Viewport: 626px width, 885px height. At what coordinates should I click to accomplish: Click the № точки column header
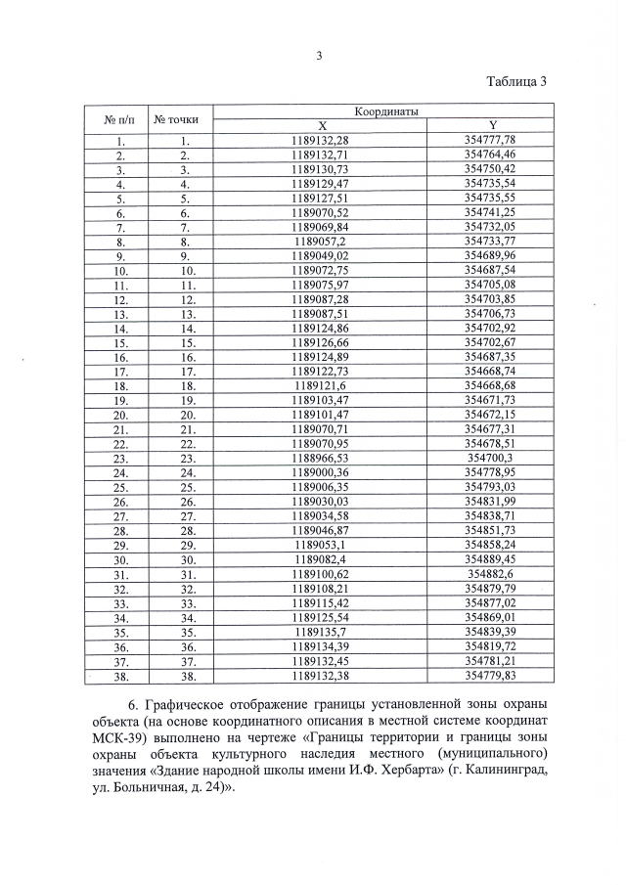click(177, 119)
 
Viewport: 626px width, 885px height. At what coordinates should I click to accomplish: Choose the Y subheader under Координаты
click(493, 126)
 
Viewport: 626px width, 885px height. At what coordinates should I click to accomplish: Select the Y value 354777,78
click(489, 141)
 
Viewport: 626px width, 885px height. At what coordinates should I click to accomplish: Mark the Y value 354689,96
click(489, 255)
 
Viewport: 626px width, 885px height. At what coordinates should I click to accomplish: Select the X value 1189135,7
click(320, 633)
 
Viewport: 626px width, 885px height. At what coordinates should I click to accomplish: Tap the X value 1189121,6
click(320, 385)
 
